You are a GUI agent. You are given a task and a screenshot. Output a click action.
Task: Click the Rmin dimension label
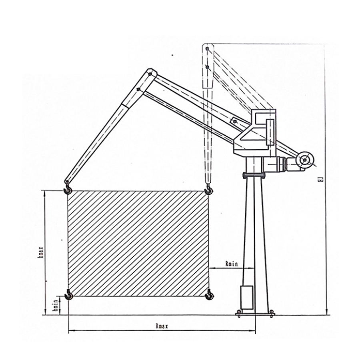232,264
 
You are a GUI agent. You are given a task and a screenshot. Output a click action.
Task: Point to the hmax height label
41,252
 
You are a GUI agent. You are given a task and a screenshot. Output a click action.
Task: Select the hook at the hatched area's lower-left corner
69,295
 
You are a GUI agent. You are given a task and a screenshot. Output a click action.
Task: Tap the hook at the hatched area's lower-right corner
208,295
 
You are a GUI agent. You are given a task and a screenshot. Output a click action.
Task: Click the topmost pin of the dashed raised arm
208,49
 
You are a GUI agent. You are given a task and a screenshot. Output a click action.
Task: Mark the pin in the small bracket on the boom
235,121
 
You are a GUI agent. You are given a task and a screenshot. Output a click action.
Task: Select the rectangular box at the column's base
246,298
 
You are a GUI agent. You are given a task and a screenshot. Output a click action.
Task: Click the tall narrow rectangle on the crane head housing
269,132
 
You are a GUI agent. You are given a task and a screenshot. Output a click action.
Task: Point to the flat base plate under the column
255,315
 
